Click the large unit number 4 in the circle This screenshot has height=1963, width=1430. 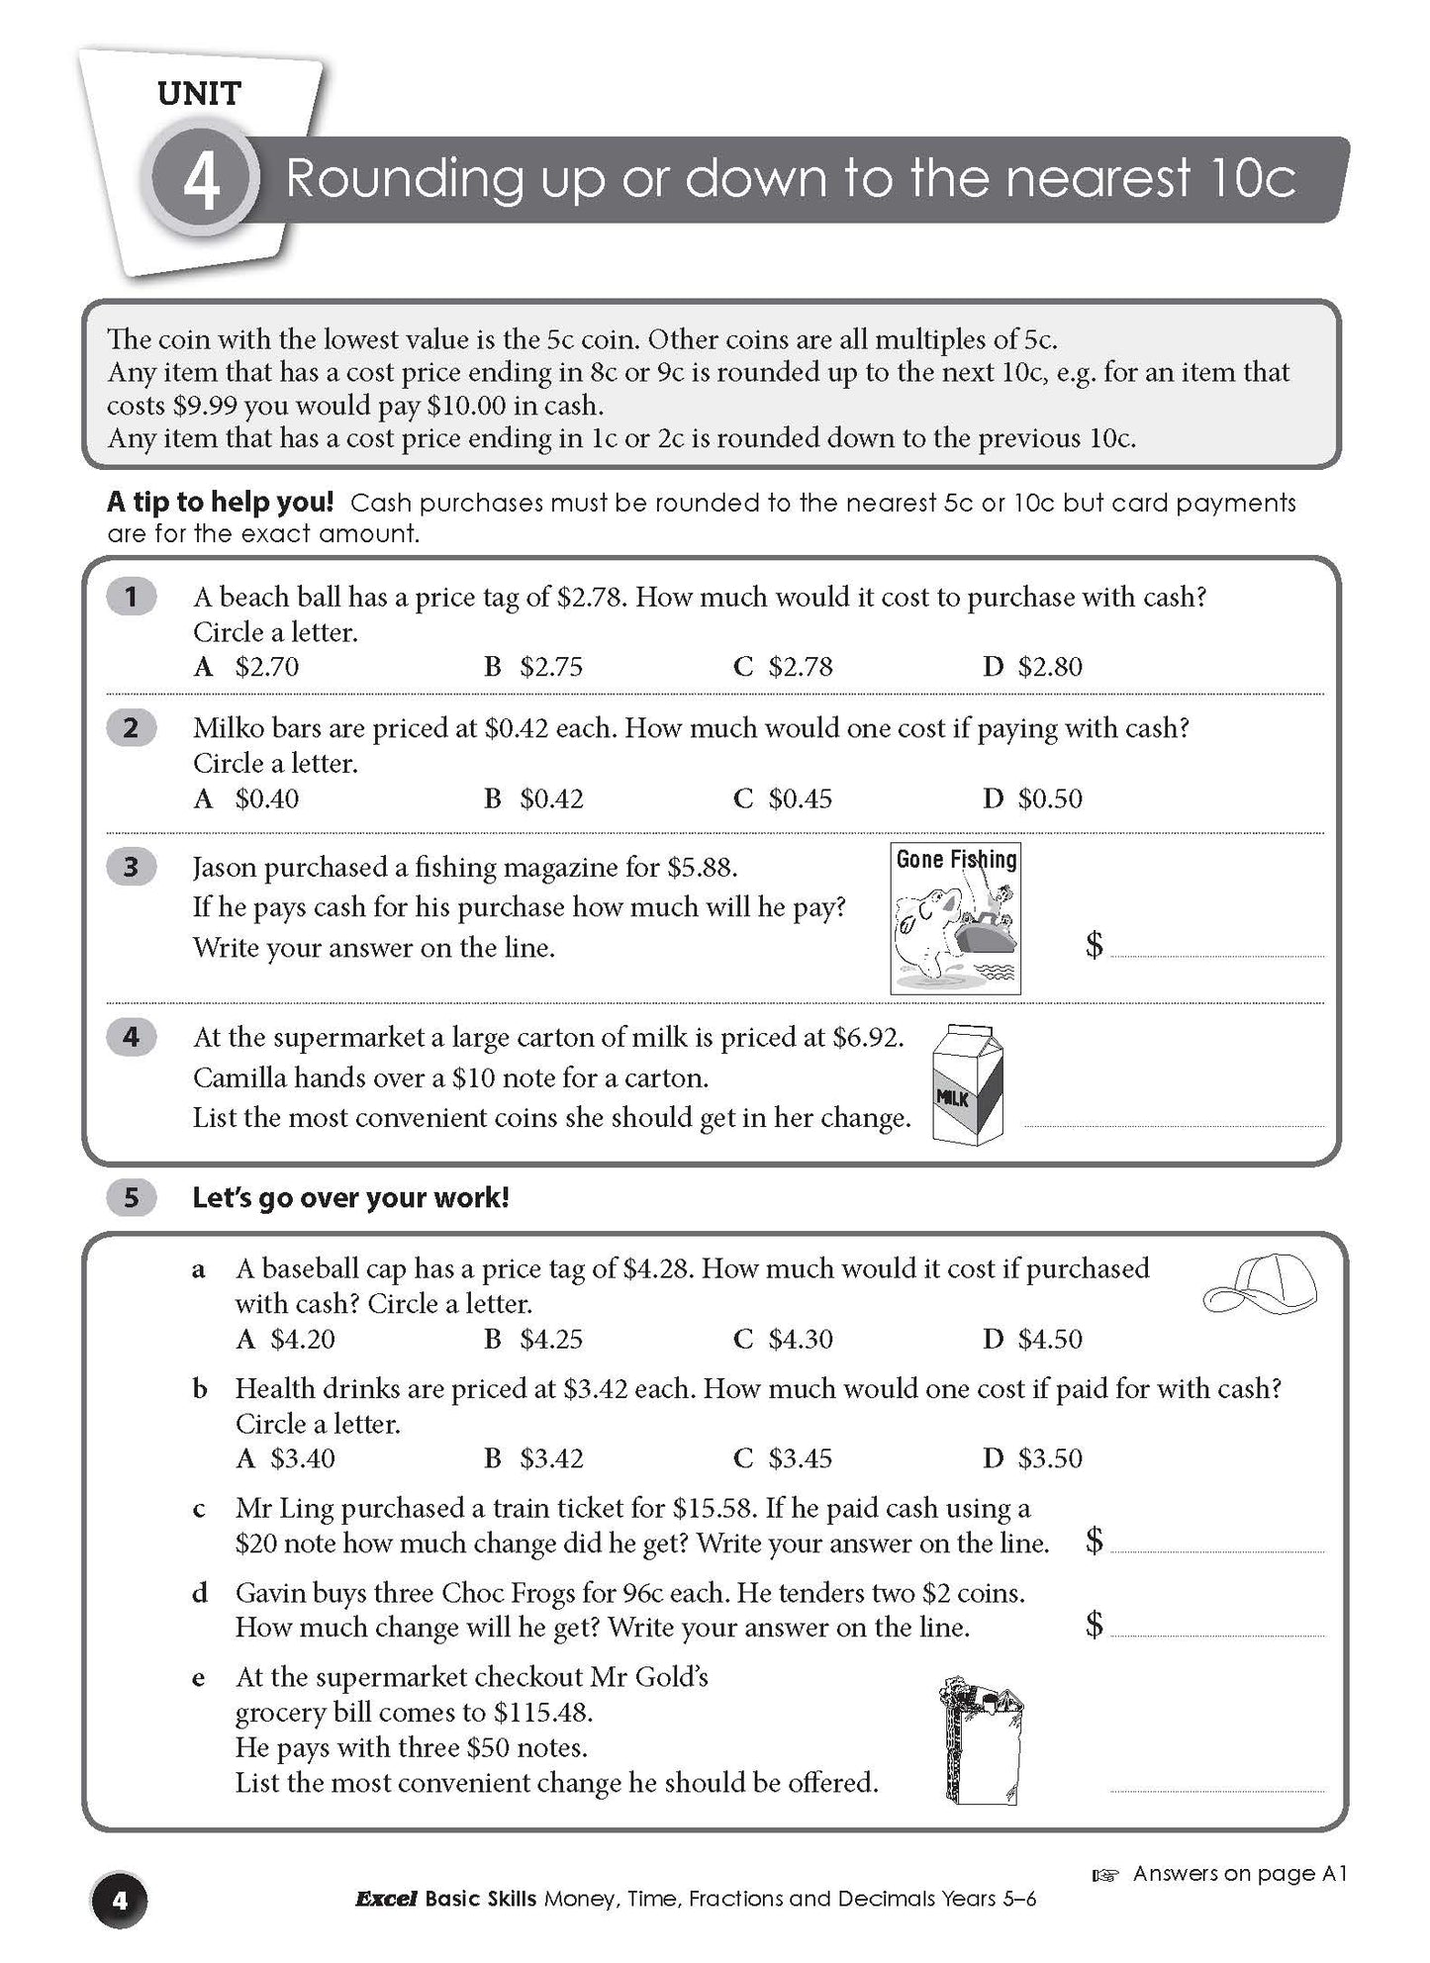(x=202, y=182)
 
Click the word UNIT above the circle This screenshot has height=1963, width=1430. (x=199, y=94)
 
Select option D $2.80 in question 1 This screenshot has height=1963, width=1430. (x=1033, y=667)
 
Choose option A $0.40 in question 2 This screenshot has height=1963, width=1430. (x=247, y=798)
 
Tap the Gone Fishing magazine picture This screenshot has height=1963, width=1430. (x=955, y=918)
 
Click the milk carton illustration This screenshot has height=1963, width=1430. (x=969, y=1084)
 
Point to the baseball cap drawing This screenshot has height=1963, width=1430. (x=1260, y=1286)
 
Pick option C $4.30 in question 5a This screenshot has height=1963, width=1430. (x=784, y=1340)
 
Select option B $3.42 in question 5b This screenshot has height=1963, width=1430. (x=534, y=1458)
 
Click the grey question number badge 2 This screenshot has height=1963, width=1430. (x=131, y=728)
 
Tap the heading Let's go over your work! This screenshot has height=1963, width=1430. (x=350, y=1198)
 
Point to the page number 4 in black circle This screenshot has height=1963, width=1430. (x=119, y=1900)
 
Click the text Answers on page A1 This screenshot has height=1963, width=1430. (x=1239, y=1873)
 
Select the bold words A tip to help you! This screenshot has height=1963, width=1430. (x=220, y=502)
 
